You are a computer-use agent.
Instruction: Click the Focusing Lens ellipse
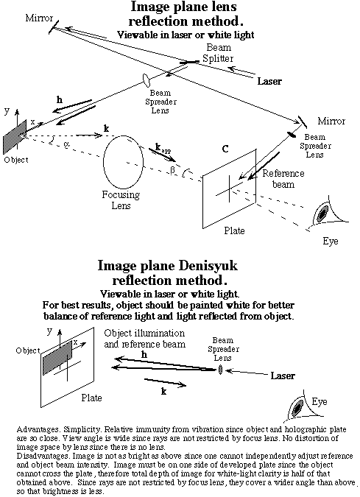(104, 162)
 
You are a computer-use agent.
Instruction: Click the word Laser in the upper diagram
(269, 81)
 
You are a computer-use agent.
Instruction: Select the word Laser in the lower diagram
(283, 376)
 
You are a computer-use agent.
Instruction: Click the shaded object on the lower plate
(57, 358)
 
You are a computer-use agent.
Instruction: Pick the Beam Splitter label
(219, 53)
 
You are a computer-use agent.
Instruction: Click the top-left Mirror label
(39, 18)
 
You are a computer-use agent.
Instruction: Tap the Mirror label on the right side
(331, 121)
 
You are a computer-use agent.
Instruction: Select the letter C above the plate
(225, 149)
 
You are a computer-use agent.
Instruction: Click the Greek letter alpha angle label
(66, 144)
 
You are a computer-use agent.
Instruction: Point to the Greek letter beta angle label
(172, 170)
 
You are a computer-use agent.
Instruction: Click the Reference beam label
(283, 179)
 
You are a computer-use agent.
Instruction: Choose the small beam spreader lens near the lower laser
(221, 370)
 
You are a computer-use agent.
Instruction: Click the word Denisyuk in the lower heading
(208, 266)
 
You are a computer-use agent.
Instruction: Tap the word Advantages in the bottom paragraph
(38, 430)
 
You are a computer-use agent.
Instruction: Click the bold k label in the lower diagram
(164, 392)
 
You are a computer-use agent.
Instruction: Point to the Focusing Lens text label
(121, 200)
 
